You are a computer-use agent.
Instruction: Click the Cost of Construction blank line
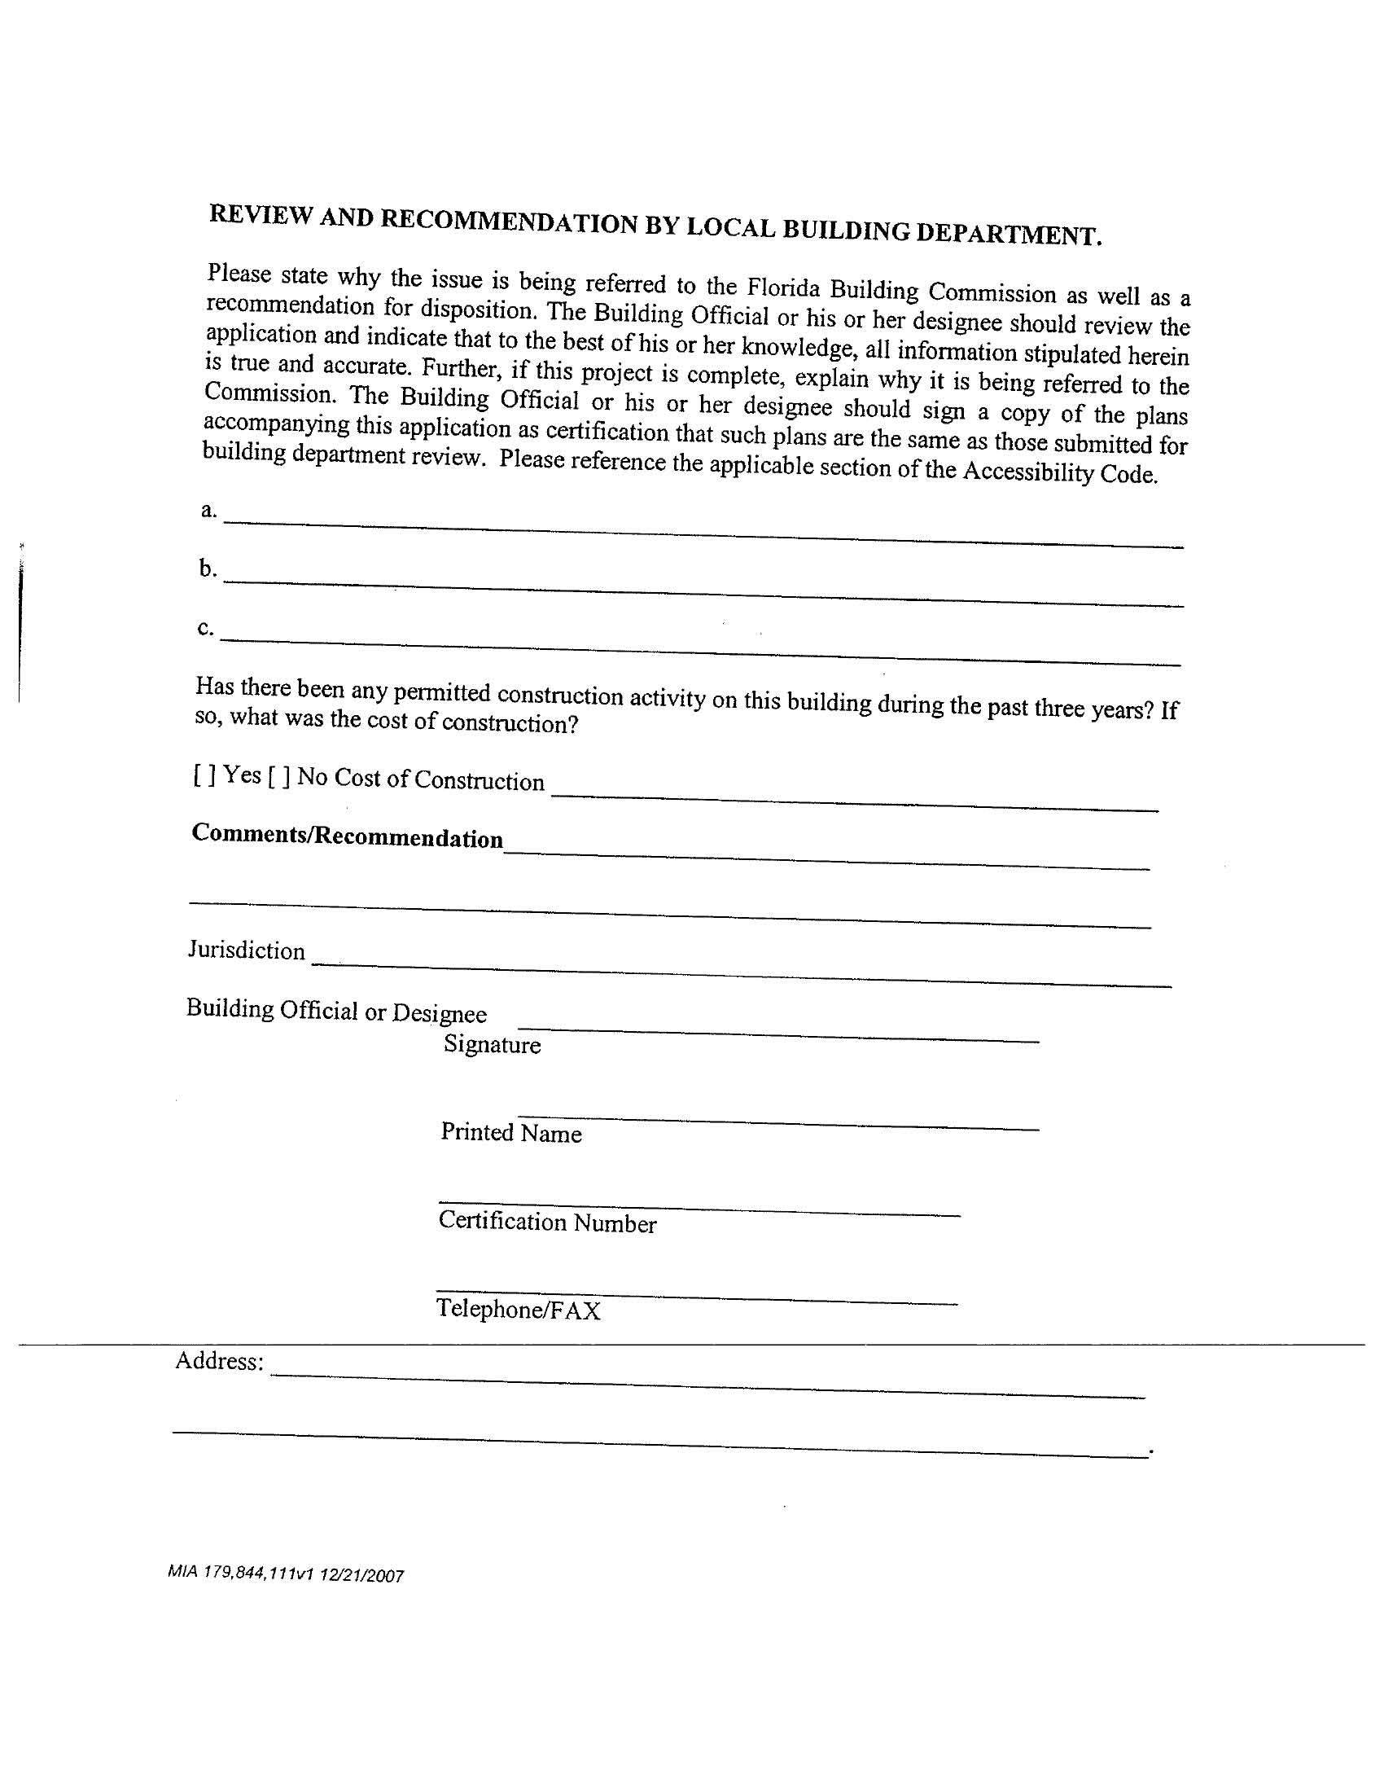855,800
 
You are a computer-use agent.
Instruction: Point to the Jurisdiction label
246,950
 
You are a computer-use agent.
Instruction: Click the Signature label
492,1045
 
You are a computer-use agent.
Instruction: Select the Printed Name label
510,1132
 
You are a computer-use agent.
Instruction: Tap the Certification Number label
547,1222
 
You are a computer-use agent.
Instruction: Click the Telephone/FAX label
518,1310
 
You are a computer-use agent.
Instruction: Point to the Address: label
219,1361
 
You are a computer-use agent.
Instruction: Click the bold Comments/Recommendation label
347,836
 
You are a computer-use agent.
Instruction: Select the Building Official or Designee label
336,1010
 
